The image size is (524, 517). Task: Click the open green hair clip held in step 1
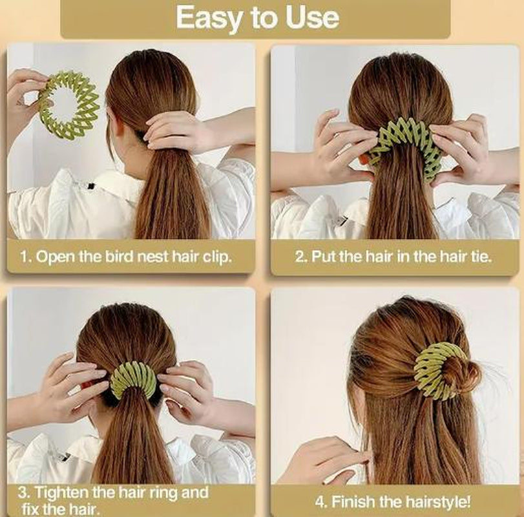click(x=68, y=105)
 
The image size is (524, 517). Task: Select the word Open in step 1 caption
click(x=54, y=256)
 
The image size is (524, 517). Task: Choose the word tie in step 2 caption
click(x=480, y=256)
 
